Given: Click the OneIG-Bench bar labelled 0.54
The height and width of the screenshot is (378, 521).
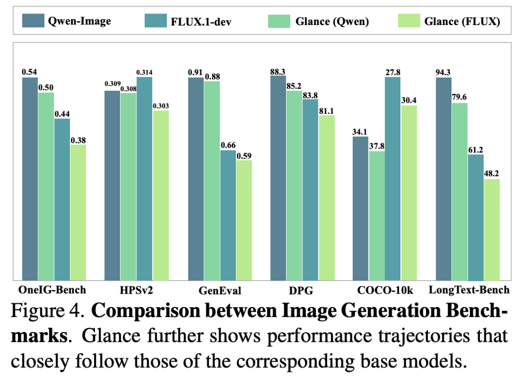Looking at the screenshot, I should coord(30,178).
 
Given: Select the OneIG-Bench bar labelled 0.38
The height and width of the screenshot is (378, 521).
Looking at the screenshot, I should coord(78,212).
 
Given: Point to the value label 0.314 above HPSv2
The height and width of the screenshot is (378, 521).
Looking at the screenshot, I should coord(144,72).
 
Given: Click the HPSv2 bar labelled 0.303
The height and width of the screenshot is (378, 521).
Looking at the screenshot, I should coord(161,195).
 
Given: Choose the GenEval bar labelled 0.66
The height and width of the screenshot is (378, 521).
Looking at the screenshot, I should coord(228,215).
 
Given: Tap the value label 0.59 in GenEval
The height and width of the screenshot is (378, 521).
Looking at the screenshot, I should coord(244,156).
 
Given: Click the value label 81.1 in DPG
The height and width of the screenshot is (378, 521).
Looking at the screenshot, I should coord(327,111).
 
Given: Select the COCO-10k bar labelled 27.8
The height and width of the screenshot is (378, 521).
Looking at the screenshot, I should coord(393,178).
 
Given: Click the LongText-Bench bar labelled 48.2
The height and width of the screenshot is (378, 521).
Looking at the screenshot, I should coord(492,229).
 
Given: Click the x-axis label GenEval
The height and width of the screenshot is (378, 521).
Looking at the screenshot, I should coord(219,290).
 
